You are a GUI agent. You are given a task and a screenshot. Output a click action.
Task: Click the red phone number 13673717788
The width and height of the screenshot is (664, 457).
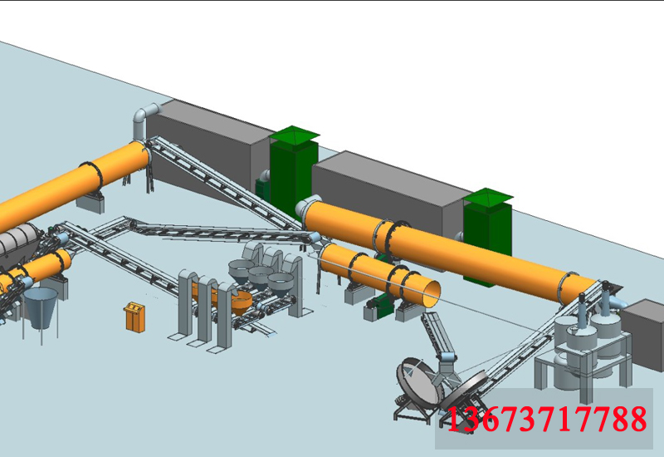(x=547, y=419)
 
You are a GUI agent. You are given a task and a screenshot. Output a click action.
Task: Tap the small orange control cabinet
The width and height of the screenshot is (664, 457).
(x=135, y=317)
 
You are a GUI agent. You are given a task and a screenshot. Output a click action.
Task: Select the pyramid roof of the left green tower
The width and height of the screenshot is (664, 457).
(x=295, y=134)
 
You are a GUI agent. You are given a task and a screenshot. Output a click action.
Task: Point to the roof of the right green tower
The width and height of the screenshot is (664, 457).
(x=488, y=197)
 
